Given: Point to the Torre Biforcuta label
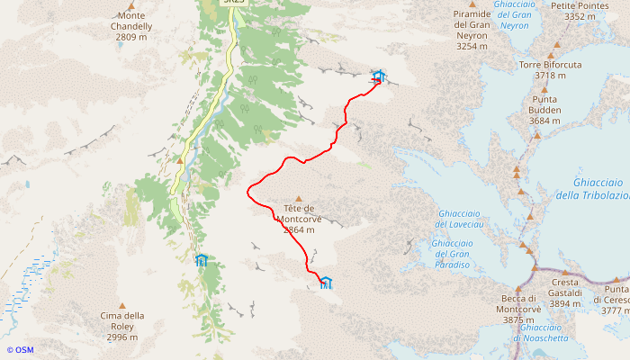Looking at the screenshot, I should click(x=551, y=70).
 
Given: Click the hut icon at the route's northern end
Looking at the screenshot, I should click(x=378, y=76).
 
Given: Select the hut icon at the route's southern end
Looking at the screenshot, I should click(x=326, y=283).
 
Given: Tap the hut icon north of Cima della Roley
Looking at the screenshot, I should click(x=202, y=260).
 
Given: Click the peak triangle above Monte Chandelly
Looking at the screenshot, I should click(x=131, y=5).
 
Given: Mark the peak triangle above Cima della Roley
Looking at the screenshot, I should click(x=122, y=306).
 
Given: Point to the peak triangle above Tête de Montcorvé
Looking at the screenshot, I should click(x=300, y=200).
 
